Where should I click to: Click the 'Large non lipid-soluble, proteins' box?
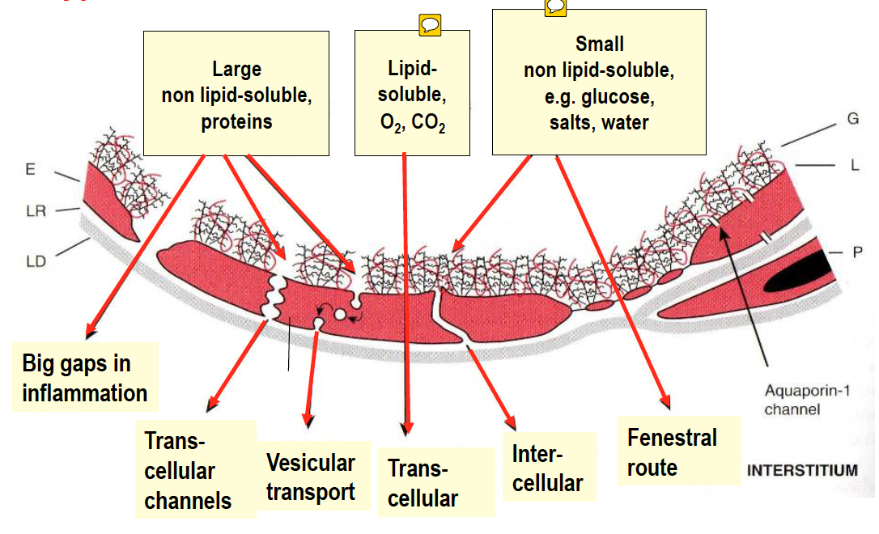click(236, 94)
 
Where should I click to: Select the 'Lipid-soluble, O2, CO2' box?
click(412, 94)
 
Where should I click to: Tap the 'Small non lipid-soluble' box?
click(599, 83)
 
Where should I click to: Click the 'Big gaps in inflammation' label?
click(84, 379)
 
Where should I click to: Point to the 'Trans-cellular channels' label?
click(188, 471)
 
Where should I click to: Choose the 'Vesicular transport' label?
click(311, 477)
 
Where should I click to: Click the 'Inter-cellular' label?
click(547, 469)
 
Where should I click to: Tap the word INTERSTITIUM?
click(802, 470)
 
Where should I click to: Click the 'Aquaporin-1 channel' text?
click(797, 400)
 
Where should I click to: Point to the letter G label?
click(853, 118)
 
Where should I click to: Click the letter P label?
click(858, 252)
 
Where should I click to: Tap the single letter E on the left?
click(30, 170)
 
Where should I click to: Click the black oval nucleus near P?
click(798, 272)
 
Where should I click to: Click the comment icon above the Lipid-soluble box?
click(430, 24)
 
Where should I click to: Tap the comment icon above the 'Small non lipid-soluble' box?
click(556, 6)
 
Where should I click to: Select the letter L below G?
click(854, 165)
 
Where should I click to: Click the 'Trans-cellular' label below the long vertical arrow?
click(423, 484)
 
